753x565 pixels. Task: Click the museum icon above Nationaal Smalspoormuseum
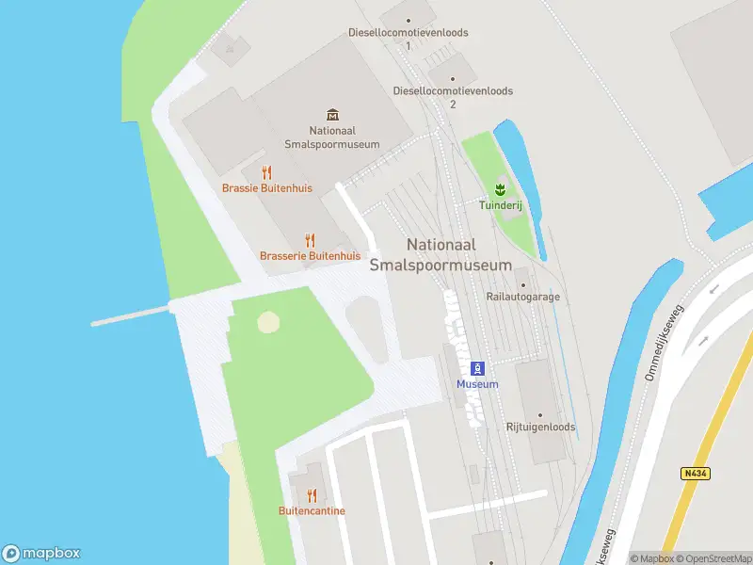(x=331, y=115)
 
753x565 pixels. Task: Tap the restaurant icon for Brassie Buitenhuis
(x=267, y=172)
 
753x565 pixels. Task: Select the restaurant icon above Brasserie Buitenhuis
(x=311, y=240)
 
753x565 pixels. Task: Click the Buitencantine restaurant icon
(x=312, y=495)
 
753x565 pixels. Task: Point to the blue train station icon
(x=477, y=367)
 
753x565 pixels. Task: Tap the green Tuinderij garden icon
(x=500, y=188)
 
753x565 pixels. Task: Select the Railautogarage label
(x=522, y=297)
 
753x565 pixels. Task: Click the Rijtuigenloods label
(x=541, y=427)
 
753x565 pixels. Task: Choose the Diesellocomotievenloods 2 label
(x=453, y=97)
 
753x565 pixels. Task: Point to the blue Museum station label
(x=477, y=384)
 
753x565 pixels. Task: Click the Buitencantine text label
(x=312, y=511)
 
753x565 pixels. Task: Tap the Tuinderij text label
(x=500, y=203)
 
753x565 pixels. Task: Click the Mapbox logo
(x=41, y=554)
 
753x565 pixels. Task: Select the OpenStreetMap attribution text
(x=712, y=558)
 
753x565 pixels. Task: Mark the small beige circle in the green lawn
(x=268, y=322)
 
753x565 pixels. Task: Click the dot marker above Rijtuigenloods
(x=541, y=414)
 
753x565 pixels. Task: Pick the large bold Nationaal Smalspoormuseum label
(x=441, y=254)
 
